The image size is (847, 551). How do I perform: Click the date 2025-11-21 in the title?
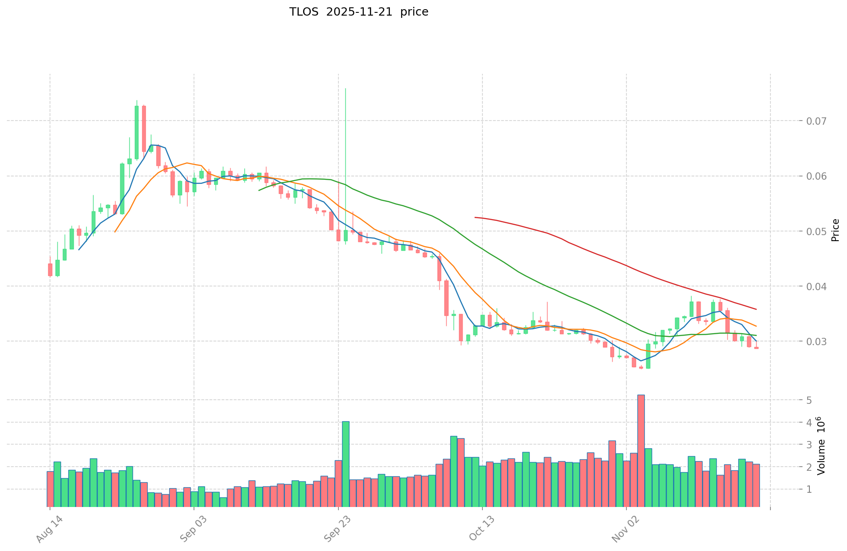coord(359,12)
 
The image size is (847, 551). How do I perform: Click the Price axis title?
coord(835,230)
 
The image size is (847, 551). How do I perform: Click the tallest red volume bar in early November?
coord(641,449)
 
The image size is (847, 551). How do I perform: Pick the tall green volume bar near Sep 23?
coord(346,463)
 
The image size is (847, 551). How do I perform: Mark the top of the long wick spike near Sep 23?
coord(345,88)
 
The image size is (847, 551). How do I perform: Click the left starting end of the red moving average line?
coord(475,217)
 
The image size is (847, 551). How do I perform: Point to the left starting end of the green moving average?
coord(259,190)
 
